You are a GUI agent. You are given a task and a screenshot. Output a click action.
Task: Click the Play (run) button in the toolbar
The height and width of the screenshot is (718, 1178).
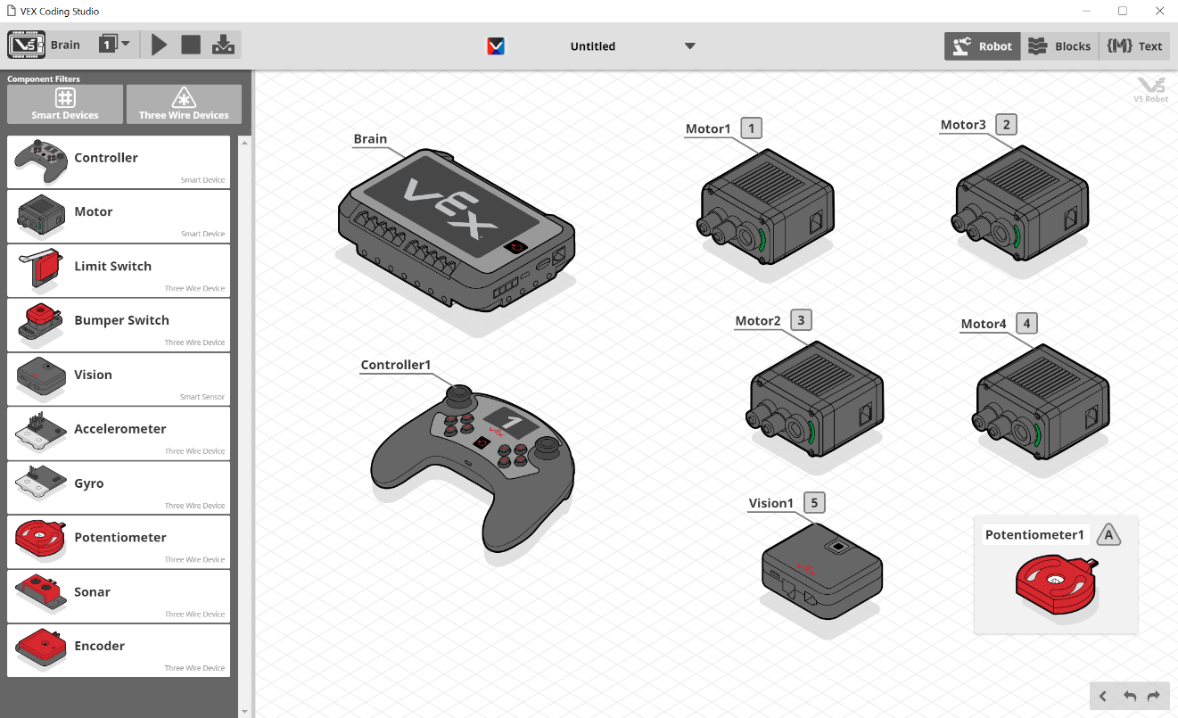159,45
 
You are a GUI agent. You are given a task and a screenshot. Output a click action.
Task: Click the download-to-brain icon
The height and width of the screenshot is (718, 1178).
224,45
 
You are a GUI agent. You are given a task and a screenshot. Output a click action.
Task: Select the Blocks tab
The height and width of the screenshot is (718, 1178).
1059,46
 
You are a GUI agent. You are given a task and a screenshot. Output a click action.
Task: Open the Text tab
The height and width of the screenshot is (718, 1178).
1134,46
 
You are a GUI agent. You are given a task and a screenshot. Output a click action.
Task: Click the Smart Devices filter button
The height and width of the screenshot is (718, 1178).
65,104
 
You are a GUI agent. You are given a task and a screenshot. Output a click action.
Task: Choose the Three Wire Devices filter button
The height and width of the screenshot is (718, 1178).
184,104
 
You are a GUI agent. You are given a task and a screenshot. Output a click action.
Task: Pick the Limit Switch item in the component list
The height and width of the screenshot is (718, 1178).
119,271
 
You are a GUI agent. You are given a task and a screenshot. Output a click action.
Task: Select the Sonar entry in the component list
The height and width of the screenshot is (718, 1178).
119,597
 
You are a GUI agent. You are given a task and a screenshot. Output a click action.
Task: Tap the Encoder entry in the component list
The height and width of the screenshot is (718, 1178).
119,651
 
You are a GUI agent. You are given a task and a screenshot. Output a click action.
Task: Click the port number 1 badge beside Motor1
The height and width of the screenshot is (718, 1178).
751,128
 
